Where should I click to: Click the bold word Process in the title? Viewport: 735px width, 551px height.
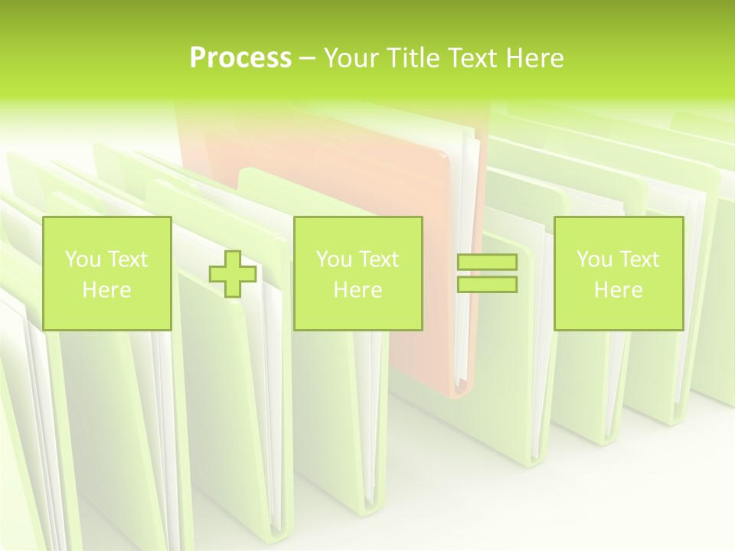(x=240, y=58)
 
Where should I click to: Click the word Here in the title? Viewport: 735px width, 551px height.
(x=534, y=58)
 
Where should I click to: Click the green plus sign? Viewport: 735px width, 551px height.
(x=233, y=274)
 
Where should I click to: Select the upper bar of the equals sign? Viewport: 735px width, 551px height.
(x=487, y=262)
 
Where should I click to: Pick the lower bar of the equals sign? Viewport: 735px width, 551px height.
(x=487, y=285)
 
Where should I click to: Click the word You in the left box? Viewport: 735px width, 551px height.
(x=82, y=259)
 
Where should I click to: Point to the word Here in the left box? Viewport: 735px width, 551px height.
(x=106, y=290)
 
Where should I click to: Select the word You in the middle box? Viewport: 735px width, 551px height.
(x=333, y=259)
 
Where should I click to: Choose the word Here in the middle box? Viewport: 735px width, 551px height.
(x=358, y=290)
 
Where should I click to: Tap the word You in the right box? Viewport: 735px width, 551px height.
(x=593, y=259)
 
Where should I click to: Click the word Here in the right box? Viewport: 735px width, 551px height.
(x=618, y=290)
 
